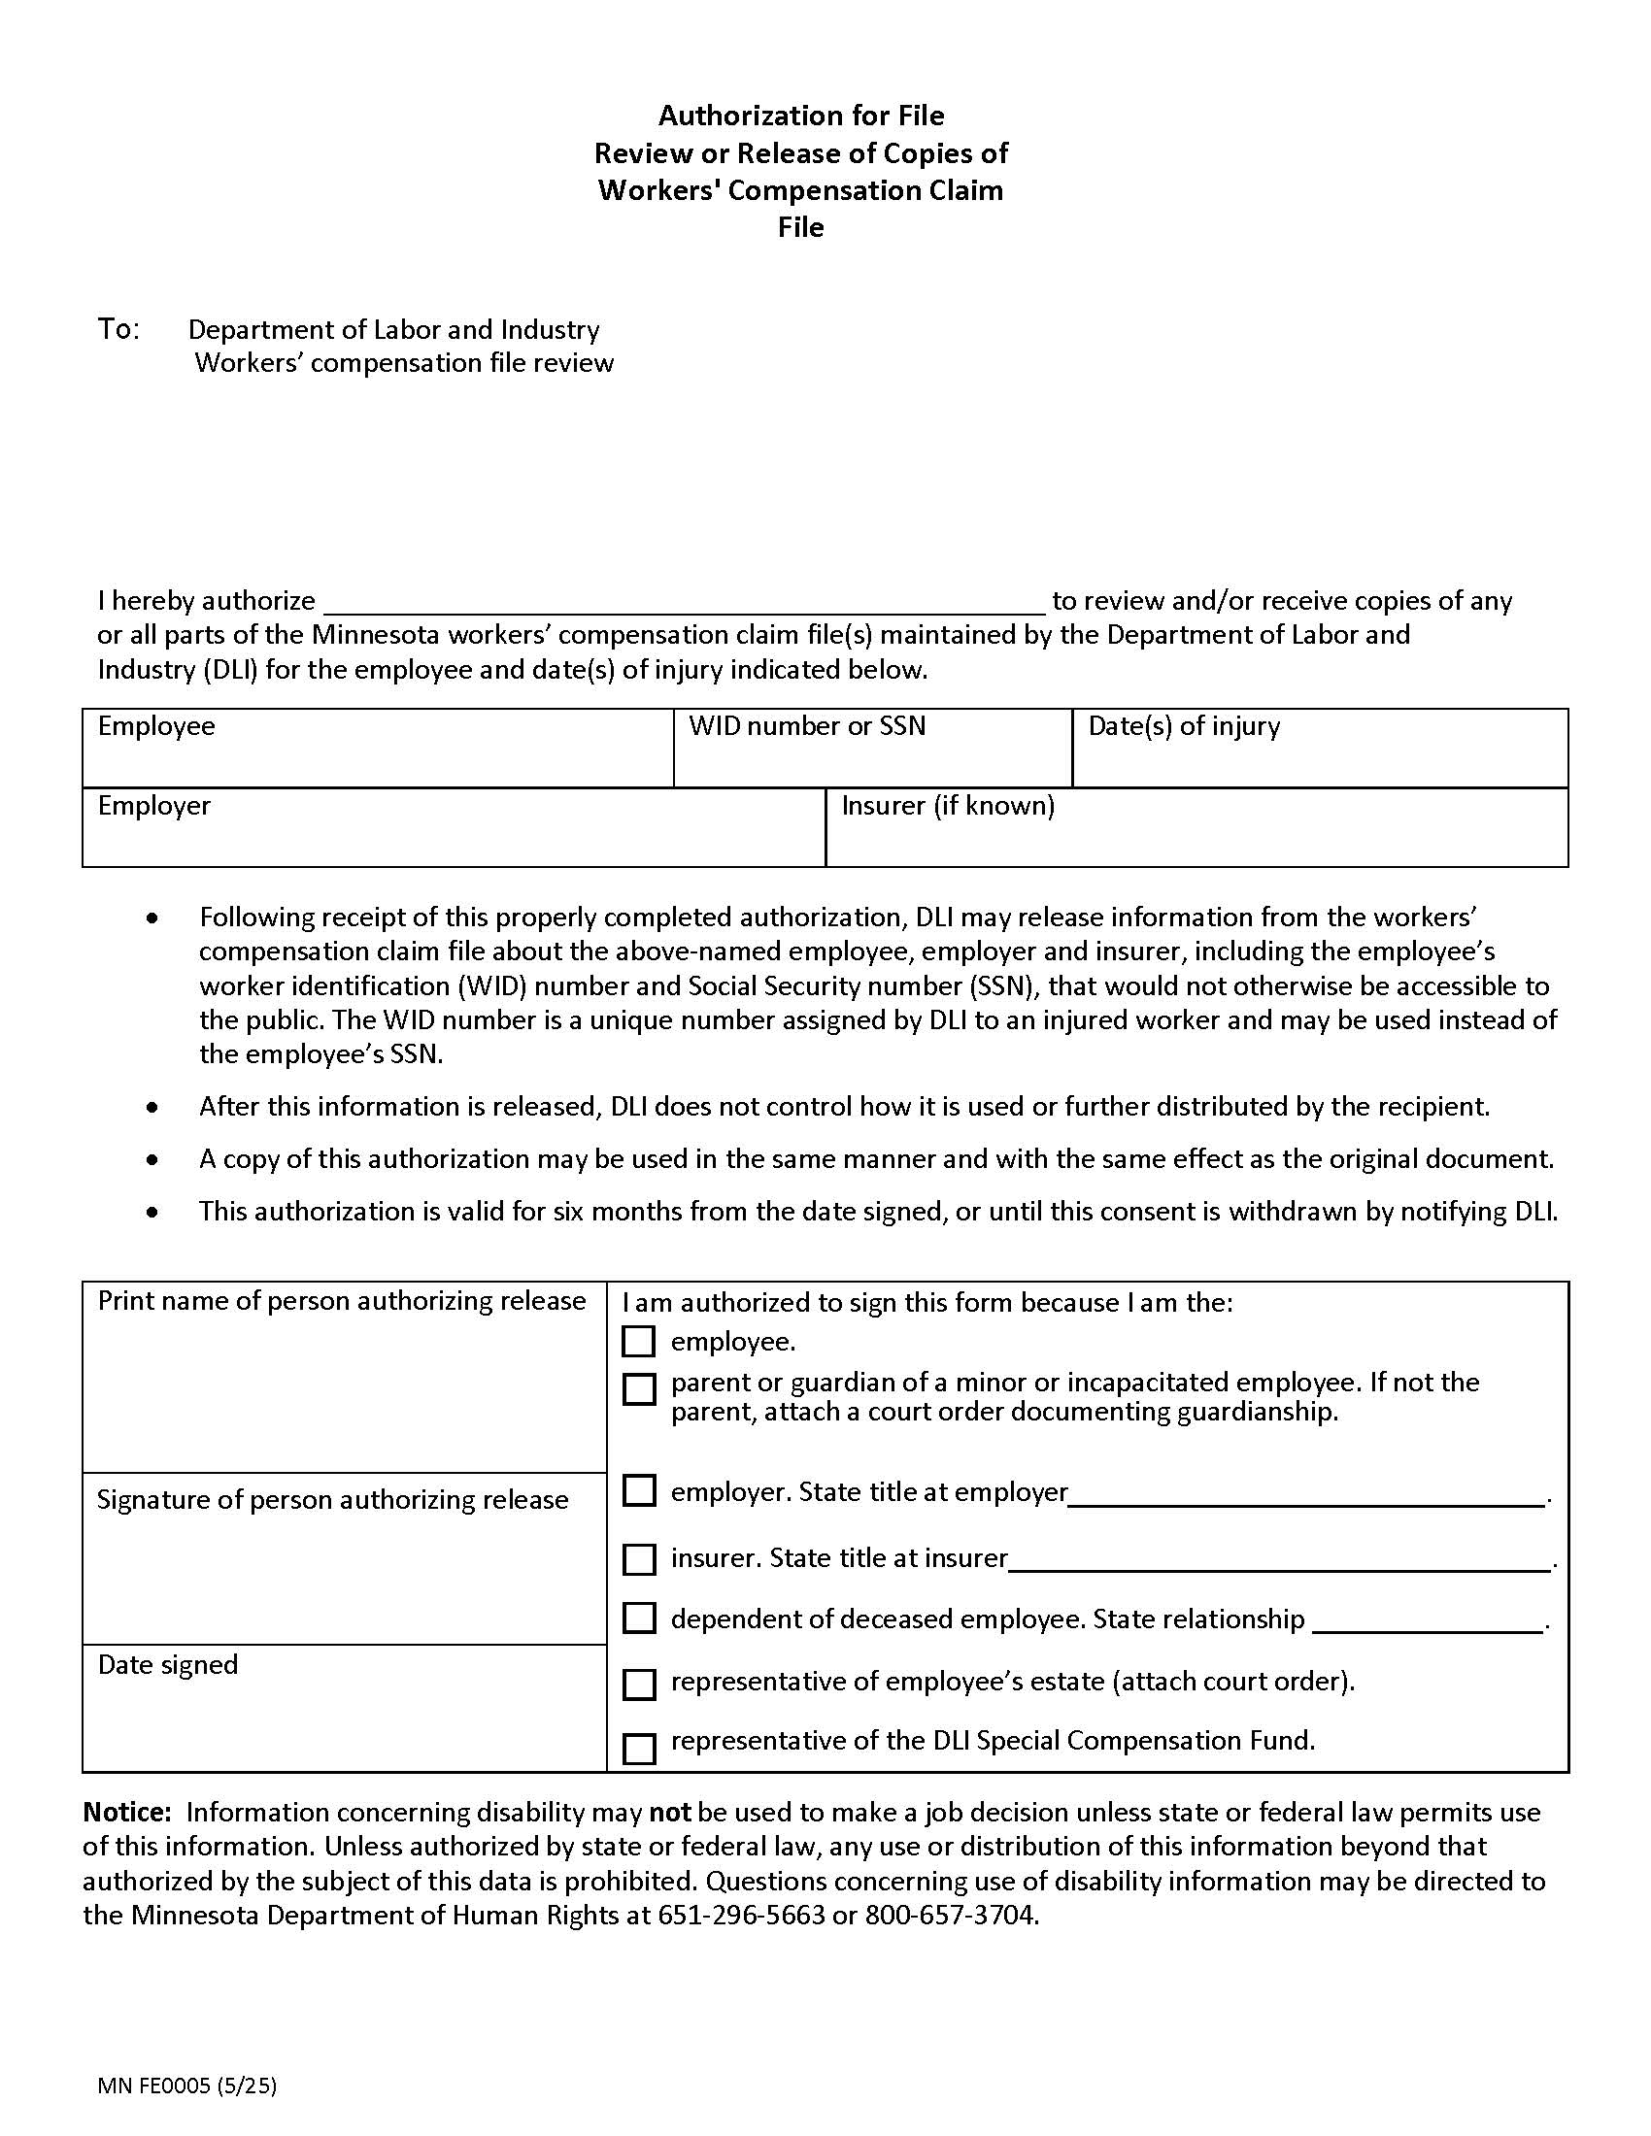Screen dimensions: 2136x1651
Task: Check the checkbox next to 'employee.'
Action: (x=638, y=1341)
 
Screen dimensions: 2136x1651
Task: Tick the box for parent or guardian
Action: (x=639, y=1388)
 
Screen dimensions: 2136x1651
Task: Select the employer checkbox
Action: (x=639, y=1490)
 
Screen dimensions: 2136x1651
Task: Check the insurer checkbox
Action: (x=639, y=1559)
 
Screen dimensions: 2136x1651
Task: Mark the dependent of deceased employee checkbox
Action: (x=639, y=1619)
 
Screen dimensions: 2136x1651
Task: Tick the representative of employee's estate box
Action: (x=639, y=1684)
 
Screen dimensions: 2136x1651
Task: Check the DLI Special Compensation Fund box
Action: (x=639, y=1748)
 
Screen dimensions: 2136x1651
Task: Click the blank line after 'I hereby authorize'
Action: (x=685, y=598)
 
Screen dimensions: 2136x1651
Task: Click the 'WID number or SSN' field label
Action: (x=807, y=725)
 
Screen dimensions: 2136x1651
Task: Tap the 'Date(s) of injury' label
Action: (x=1184, y=725)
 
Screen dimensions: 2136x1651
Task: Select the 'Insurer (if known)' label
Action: (x=948, y=805)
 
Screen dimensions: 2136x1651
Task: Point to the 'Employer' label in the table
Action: (x=153, y=805)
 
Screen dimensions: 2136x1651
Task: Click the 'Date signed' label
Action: (x=167, y=1663)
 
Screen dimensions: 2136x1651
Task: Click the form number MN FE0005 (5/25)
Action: (x=186, y=2086)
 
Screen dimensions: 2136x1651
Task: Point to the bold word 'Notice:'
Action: (x=127, y=1812)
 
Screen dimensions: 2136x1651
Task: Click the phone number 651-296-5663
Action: (x=742, y=1914)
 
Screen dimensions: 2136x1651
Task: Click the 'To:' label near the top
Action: (x=118, y=328)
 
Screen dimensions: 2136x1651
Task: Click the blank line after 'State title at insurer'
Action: (x=1278, y=1559)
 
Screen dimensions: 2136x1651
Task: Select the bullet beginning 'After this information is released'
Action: (x=843, y=1106)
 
